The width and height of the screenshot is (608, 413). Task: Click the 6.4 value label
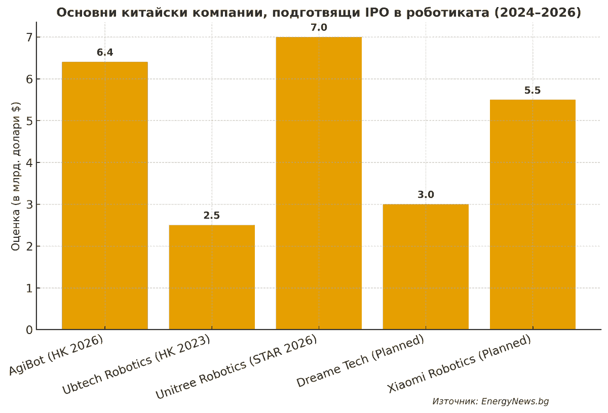(x=105, y=53)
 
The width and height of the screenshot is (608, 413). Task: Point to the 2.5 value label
(x=212, y=216)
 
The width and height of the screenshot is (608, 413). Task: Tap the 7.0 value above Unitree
(x=319, y=27)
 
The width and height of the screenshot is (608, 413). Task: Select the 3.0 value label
(x=426, y=195)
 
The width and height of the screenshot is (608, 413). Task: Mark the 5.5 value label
(x=533, y=91)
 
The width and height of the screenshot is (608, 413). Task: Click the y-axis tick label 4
(x=29, y=163)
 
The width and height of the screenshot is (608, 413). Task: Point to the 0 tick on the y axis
(x=29, y=331)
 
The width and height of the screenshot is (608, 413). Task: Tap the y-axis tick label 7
(x=29, y=37)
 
